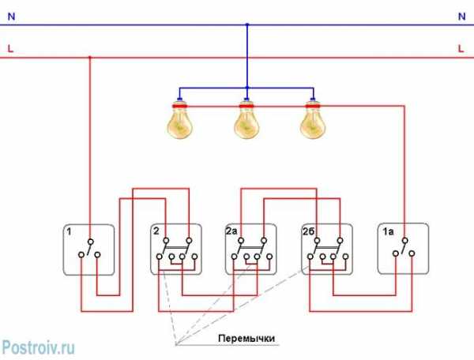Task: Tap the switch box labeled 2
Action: (x=175, y=249)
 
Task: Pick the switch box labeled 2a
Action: (x=250, y=249)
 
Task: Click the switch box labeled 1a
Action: (x=403, y=249)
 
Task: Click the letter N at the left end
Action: (x=11, y=16)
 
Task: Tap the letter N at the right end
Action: (x=461, y=16)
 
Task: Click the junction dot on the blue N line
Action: (x=247, y=24)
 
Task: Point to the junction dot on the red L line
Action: (x=89, y=58)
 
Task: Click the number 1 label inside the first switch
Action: (x=70, y=232)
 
